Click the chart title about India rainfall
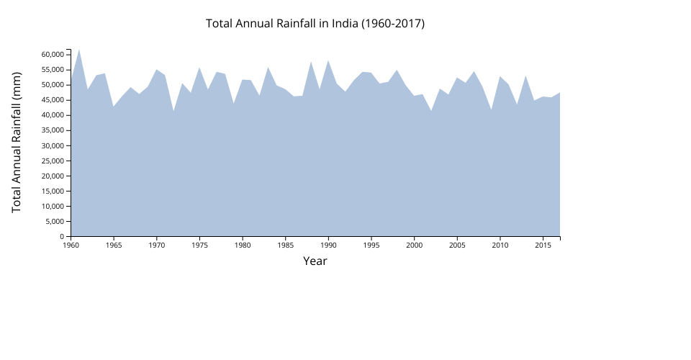pyautogui.click(x=315, y=23)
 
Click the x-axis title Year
pyautogui.click(x=315, y=261)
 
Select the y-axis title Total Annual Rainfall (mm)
pyautogui.click(x=17, y=142)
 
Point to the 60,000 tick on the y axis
pyautogui.click(x=54, y=55)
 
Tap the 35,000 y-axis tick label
pyautogui.click(x=54, y=130)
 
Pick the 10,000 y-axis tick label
pyautogui.click(x=54, y=206)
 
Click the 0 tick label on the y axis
pyautogui.click(x=63, y=236)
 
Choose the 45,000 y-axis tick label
pyautogui.click(x=54, y=100)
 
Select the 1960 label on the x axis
pyautogui.click(x=71, y=246)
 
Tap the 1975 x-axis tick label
pyautogui.click(x=199, y=246)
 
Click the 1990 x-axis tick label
pyautogui.click(x=328, y=246)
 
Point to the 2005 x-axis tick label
pyautogui.click(x=457, y=246)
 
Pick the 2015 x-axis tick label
pyautogui.click(x=543, y=246)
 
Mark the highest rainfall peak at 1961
pyautogui.click(x=79, y=50)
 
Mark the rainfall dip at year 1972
pyautogui.click(x=173, y=111)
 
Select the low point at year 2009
pyautogui.click(x=491, y=109)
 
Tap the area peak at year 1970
pyautogui.click(x=156, y=70)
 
